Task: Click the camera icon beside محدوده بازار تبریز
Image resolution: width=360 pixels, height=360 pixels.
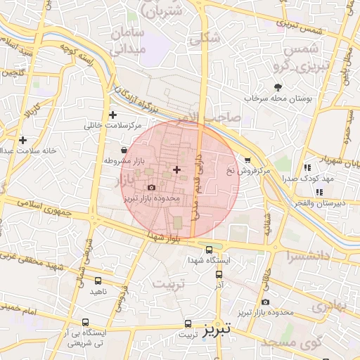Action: coord(151,188)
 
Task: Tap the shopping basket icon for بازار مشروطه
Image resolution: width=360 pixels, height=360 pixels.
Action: coord(124,150)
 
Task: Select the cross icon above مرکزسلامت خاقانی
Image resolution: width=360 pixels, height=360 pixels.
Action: coord(112,115)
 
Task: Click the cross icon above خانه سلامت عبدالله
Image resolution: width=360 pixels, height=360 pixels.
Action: coord(23,140)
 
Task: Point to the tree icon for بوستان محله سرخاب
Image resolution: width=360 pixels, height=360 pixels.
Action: coord(278,87)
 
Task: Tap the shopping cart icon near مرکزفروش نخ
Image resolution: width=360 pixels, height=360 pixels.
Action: coord(247,160)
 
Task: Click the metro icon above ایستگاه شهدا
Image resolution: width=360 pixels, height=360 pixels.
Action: coord(209,250)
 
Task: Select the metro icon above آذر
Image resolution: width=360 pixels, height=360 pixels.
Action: coord(219,275)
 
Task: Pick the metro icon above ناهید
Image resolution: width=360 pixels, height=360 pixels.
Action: coord(98,281)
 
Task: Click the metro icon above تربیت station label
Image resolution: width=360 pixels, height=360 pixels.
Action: coord(187,323)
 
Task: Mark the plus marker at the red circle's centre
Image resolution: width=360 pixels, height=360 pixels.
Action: coord(176,169)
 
